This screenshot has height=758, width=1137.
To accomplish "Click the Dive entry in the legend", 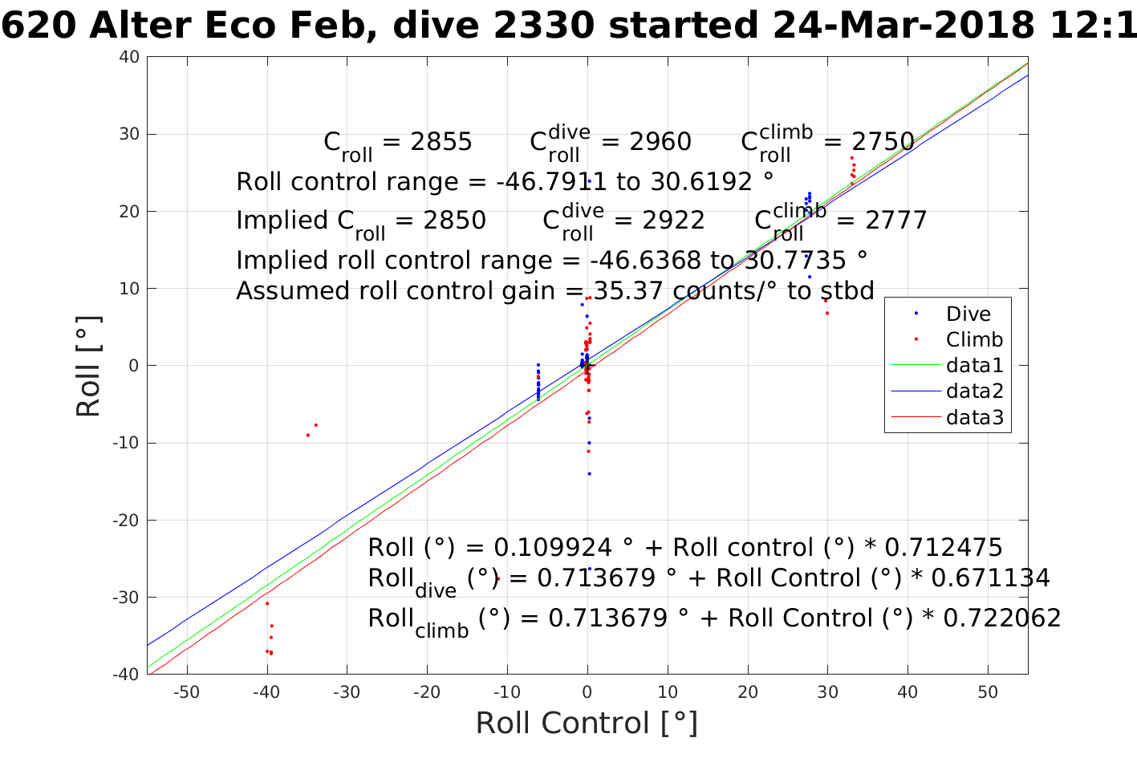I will pos(968,314).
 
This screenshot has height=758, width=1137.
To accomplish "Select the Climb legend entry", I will pos(973,340).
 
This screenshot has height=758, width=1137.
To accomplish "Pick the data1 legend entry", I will pos(974,366).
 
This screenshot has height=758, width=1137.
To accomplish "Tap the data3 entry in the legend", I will pos(974,417).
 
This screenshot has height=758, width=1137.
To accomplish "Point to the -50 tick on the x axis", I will pos(186,692).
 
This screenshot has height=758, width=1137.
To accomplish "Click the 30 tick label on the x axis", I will pos(827,692).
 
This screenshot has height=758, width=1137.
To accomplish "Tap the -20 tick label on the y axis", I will pos(126,521).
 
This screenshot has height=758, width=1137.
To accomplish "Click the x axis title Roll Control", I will pos(587,724).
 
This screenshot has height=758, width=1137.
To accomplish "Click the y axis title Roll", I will pos(88,366).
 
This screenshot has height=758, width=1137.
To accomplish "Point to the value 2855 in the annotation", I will pos(441,142).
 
